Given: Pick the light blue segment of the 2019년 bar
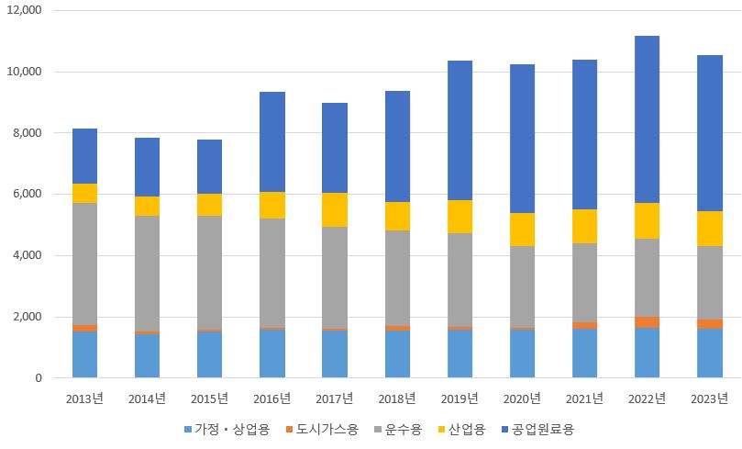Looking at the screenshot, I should [x=460, y=354].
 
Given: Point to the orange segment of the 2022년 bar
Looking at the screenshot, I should [x=647, y=322].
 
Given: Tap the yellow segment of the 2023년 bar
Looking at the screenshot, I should [x=709, y=229].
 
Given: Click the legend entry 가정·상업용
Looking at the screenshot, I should [x=227, y=429].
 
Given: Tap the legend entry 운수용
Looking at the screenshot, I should [x=400, y=429].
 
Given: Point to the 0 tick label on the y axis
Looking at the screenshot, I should [x=39, y=377].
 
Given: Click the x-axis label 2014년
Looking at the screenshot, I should [x=147, y=398].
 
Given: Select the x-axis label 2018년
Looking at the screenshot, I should [x=397, y=398].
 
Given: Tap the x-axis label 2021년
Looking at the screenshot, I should [x=584, y=398].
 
